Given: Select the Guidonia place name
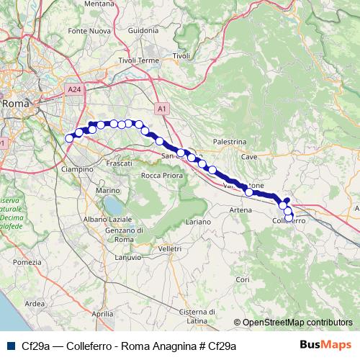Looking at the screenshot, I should (143, 31).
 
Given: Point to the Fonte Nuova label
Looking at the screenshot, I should (90, 31).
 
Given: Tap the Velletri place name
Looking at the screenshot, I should (169, 248).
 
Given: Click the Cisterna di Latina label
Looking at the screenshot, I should (192, 315).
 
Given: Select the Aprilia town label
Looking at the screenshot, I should (104, 314).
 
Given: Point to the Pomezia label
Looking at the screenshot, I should (27, 262).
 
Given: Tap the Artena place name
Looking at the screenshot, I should (240, 210).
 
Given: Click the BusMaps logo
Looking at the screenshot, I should (326, 346).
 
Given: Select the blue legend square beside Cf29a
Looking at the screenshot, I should (10, 346).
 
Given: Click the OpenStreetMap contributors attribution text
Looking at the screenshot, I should (293, 323).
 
